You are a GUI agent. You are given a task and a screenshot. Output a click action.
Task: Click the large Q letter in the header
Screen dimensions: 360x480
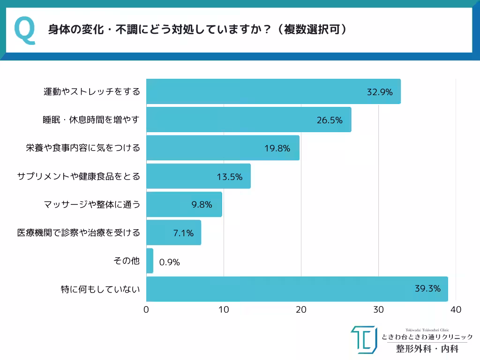tap(25, 30)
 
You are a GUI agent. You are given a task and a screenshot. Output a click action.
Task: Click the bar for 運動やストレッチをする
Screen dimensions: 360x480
tap(273, 91)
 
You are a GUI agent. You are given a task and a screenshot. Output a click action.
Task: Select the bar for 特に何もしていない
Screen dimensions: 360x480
tap(297, 289)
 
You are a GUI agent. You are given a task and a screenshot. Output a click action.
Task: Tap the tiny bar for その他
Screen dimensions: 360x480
tap(150, 261)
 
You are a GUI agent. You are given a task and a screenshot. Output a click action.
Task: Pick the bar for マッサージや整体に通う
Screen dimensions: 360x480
tap(184, 204)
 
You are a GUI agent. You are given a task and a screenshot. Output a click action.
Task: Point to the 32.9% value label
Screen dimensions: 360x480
tap(379, 92)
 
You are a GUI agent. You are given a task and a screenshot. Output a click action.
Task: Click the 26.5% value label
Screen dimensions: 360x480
tap(330, 120)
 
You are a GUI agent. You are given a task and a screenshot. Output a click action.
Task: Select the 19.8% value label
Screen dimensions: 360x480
tap(277, 149)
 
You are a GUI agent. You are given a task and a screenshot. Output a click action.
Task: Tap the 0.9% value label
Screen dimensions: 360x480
tap(170, 262)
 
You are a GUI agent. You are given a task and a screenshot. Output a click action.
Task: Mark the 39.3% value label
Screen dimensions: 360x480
tap(427, 289)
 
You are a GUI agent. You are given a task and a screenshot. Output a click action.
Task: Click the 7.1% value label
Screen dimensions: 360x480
tap(183, 233)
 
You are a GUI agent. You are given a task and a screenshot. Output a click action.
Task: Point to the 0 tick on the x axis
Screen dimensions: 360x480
tap(146, 310)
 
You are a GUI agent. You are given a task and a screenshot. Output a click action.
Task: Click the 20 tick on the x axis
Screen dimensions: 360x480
tap(301, 310)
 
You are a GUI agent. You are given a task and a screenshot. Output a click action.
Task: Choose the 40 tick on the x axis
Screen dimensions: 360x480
tap(456, 310)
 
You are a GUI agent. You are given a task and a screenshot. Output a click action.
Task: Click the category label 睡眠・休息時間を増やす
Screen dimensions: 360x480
tap(91, 120)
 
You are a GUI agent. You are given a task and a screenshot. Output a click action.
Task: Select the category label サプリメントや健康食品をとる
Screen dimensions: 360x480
tap(79, 176)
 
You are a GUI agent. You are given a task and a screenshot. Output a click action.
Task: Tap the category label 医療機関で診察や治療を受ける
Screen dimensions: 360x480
tap(79, 232)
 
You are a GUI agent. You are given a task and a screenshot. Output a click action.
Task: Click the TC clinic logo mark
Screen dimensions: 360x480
tap(364, 340)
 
